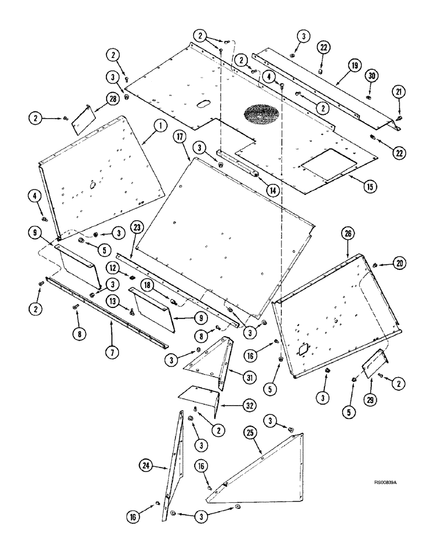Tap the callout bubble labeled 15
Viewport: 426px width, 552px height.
tap(370, 187)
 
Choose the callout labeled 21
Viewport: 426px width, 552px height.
tap(398, 91)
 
